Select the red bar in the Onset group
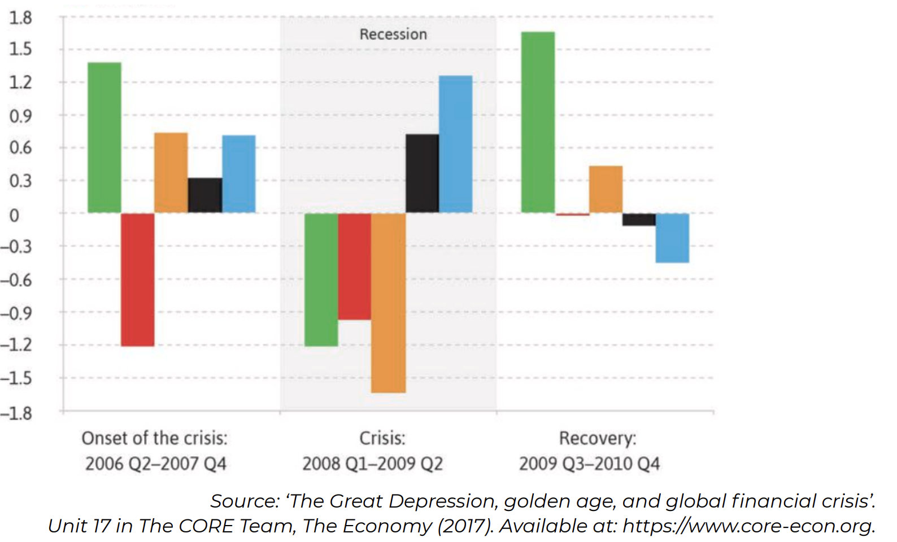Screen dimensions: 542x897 point(137,279)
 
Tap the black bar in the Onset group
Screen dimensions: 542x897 point(204,195)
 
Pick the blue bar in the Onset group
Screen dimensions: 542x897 point(238,174)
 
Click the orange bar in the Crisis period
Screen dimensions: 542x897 point(388,303)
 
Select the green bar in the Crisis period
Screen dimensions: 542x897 point(321,279)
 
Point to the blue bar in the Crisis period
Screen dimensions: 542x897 point(455,144)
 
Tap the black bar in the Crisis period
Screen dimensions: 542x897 point(422,173)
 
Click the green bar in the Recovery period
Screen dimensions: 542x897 point(538,122)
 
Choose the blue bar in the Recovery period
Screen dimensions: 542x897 point(672,238)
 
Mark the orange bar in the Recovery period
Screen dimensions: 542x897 point(606,189)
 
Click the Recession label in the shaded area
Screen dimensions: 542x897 point(393,34)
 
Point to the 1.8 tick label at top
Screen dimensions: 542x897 point(20,18)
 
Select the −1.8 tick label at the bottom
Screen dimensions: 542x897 point(16,414)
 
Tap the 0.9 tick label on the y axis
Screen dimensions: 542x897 point(20,116)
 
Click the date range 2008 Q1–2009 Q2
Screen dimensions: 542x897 point(372,464)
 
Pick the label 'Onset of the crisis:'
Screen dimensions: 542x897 point(154,438)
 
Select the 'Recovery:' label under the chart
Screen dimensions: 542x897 point(597,438)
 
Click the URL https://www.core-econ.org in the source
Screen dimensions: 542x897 point(748,526)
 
